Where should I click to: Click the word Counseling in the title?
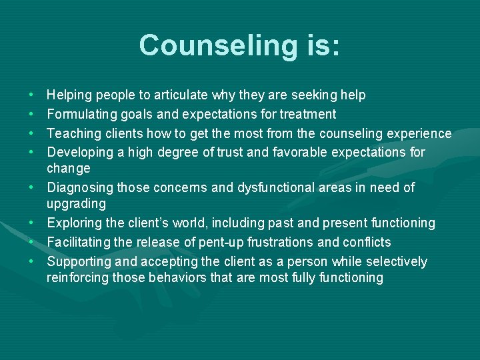(217, 45)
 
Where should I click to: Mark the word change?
(68, 169)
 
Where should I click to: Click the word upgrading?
(76, 203)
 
